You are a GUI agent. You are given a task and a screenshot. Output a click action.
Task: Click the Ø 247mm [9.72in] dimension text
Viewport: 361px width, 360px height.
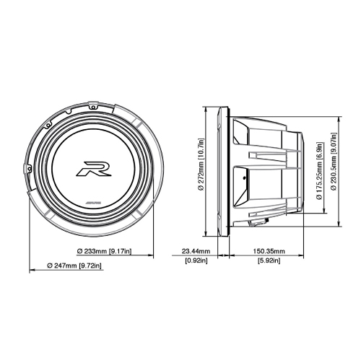[x=74, y=265]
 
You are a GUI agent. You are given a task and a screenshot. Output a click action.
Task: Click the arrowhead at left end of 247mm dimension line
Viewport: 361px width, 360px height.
[x=31, y=273]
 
